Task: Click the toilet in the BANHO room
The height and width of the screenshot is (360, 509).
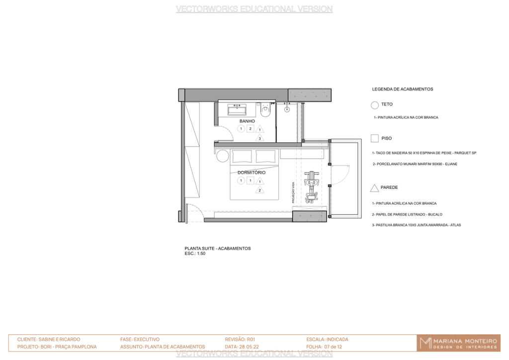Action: [x=265, y=110]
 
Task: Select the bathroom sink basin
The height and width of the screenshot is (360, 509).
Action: [x=237, y=109]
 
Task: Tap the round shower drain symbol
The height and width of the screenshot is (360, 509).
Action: [x=287, y=109]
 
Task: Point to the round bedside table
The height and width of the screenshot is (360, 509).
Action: [x=223, y=156]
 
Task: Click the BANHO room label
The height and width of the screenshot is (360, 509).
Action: [x=247, y=121]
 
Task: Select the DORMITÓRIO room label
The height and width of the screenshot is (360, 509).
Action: [x=251, y=173]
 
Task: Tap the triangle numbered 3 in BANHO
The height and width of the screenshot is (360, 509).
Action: [x=259, y=138]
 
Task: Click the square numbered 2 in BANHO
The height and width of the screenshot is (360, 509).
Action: [x=251, y=129]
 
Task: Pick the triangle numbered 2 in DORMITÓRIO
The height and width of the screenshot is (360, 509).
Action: [x=259, y=190]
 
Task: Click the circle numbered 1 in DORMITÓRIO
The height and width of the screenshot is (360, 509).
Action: [x=241, y=180]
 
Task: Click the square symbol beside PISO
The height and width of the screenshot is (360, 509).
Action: [x=375, y=138]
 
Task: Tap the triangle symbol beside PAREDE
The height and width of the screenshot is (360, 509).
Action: [x=375, y=188]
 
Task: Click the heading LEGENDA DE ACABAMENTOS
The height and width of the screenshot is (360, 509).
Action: [x=403, y=89]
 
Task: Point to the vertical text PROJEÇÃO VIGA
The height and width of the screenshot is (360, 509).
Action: [x=293, y=192]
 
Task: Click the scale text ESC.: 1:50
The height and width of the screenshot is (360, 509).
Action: [x=195, y=254]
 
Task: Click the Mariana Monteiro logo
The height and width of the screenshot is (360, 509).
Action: [x=458, y=343]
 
